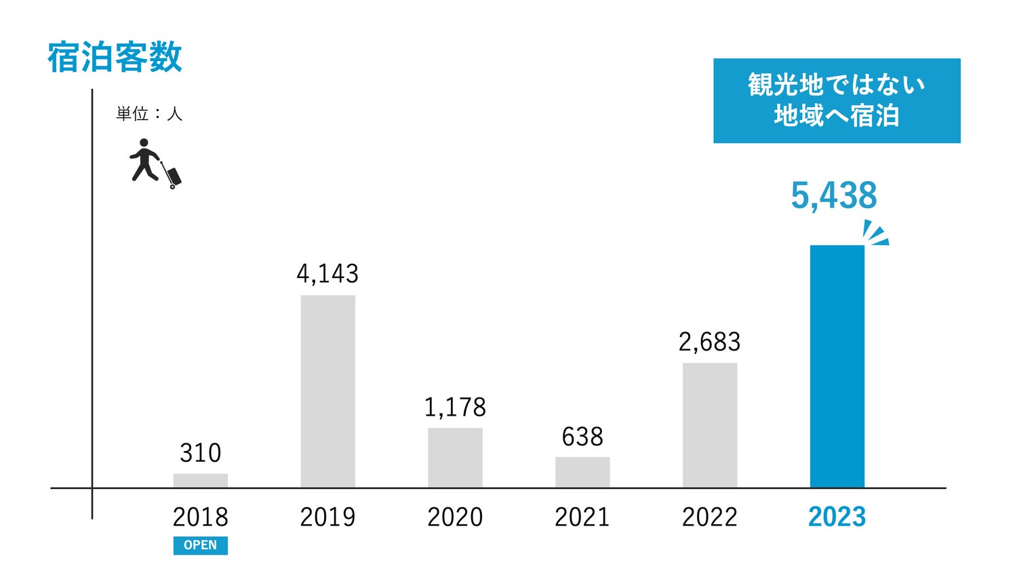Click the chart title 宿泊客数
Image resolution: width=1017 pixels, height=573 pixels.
[115, 57]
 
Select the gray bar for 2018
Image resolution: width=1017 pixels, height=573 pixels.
[201, 481]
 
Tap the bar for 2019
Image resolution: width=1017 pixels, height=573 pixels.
[327, 391]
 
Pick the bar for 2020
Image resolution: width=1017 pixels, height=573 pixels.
[455, 458]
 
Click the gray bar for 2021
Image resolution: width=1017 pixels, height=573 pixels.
[582, 472]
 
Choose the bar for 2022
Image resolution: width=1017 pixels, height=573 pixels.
[710, 425]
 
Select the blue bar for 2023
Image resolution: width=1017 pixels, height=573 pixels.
[837, 366]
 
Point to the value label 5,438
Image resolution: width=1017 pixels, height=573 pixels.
[834, 196]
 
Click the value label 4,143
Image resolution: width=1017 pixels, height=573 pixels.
[327, 273]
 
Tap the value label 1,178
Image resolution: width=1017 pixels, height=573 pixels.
[455, 407]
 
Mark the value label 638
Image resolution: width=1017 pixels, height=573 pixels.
[582, 437]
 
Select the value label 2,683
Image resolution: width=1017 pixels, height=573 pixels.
[710, 342]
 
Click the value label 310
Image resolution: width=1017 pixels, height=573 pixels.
[201, 453]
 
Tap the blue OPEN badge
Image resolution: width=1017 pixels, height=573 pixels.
[201, 545]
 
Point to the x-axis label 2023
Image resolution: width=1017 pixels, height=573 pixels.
[837, 517]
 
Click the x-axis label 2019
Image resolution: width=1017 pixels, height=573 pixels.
[327, 517]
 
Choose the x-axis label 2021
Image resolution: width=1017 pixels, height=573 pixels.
[582, 517]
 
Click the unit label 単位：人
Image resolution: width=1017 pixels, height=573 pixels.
[149, 114]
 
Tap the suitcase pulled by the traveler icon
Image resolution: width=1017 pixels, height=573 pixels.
[174, 176]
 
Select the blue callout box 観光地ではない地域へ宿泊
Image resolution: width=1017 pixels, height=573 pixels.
[837, 100]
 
